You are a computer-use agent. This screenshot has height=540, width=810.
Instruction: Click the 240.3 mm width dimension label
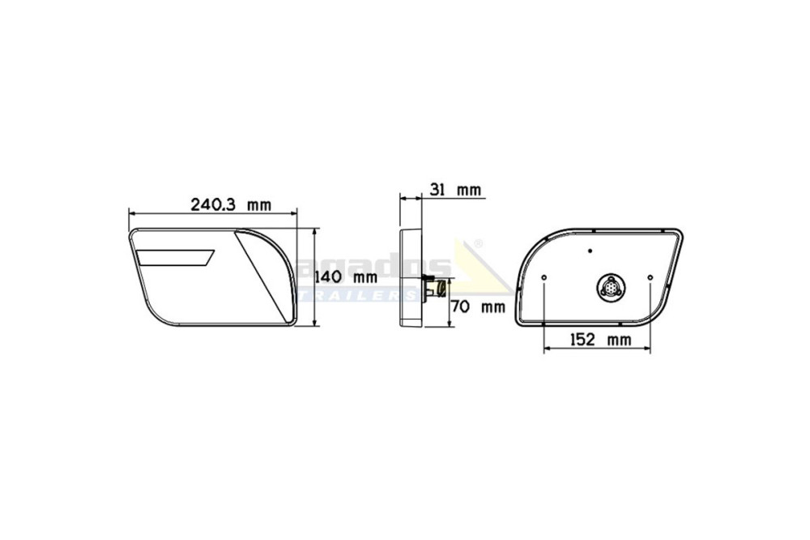[x=231, y=205]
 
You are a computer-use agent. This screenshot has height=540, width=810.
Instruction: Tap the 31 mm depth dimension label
[x=455, y=191]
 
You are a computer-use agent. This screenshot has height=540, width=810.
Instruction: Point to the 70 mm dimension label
[x=478, y=306]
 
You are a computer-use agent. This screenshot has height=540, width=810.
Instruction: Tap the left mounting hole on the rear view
[x=544, y=278]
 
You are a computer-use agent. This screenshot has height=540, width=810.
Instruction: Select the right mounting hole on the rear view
[x=650, y=278]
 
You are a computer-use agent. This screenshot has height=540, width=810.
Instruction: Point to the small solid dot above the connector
[x=590, y=251]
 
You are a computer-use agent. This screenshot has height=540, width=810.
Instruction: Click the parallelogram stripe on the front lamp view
[x=176, y=258]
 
